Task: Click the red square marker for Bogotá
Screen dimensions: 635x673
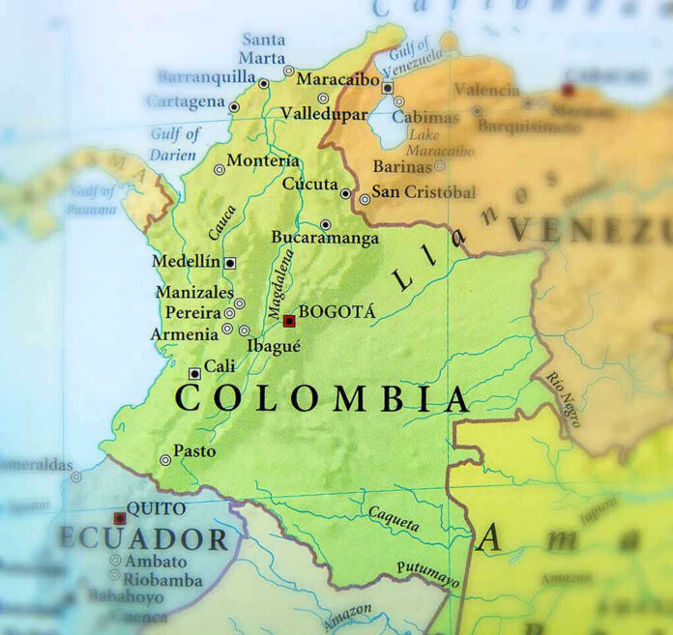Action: click(x=288, y=321)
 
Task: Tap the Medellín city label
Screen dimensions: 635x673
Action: click(x=187, y=262)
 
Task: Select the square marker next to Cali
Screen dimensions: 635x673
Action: click(x=194, y=373)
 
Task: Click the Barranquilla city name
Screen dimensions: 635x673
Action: click(x=205, y=76)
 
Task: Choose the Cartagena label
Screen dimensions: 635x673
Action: click(x=185, y=101)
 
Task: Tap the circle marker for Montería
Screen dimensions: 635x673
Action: click(x=219, y=170)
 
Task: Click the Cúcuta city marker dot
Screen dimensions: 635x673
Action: click(x=345, y=193)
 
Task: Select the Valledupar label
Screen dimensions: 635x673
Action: click(x=324, y=114)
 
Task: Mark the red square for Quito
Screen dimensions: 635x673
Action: click(x=120, y=518)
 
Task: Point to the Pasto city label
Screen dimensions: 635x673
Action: click(x=194, y=451)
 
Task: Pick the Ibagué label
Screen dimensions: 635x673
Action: click(x=274, y=345)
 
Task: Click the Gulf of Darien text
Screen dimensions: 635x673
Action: click(x=175, y=143)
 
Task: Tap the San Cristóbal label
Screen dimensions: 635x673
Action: click(x=424, y=191)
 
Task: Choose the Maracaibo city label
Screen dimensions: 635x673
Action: click(x=336, y=78)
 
